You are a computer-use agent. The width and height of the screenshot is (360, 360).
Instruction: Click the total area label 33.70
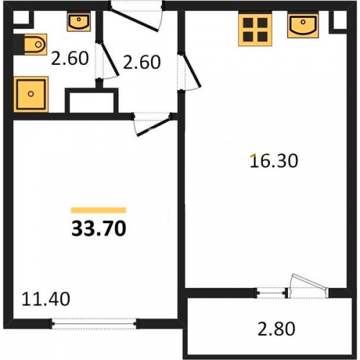tap(99, 229)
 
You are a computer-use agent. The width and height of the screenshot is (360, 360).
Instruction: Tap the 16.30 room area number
tap(274, 161)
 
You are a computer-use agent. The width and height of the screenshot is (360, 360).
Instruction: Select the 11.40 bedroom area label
tap(45, 299)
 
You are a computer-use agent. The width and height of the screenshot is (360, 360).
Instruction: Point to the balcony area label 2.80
tap(276, 328)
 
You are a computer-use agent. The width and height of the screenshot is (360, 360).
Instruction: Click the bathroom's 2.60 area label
tap(70, 58)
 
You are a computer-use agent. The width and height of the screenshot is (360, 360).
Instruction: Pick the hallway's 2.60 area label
tap(142, 62)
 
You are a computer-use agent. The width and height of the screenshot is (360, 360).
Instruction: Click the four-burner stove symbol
tap(255, 30)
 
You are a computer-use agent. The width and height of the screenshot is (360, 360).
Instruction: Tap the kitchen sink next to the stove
tap(303, 25)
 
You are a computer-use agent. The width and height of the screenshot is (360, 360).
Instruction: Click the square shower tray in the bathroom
tap(31, 94)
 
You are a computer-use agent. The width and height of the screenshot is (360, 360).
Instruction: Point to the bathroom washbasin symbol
tap(78, 22)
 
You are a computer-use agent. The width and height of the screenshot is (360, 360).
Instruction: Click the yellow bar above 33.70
tap(99, 210)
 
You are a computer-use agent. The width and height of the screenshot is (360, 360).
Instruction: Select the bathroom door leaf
tap(109, 60)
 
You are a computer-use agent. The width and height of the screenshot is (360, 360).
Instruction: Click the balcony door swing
tap(308, 286)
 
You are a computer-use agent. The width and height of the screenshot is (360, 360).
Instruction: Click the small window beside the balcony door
tap(271, 293)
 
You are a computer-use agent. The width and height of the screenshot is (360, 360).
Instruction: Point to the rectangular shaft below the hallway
tap(91, 101)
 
